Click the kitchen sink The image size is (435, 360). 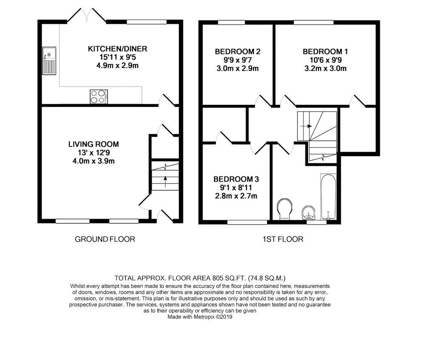(x=49, y=61)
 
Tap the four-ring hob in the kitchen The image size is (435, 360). (x=99, y=97)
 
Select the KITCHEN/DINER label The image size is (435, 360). (x=117, y=49)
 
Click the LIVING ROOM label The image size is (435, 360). (x=93, y=144)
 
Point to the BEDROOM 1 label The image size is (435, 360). (x=325, y=52)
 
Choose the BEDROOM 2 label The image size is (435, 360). (x=237, y=52)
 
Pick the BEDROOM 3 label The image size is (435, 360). (x=236, y=179)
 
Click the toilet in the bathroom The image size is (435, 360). (x=285, y=209)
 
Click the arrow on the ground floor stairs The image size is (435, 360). (x=165, y=181)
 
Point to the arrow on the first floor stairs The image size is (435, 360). (x=306, y=126)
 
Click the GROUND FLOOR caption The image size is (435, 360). (x=105, y=239)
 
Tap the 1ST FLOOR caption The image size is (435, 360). (x=283, y=239)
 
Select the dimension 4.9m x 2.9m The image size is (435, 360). (x=117, y=66)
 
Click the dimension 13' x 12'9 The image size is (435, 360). (x=93, y=152)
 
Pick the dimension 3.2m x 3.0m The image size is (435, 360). (x=325, y=68)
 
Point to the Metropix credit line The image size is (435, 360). (x=200, y=317)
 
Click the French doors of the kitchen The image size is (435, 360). (x=87, y=15)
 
